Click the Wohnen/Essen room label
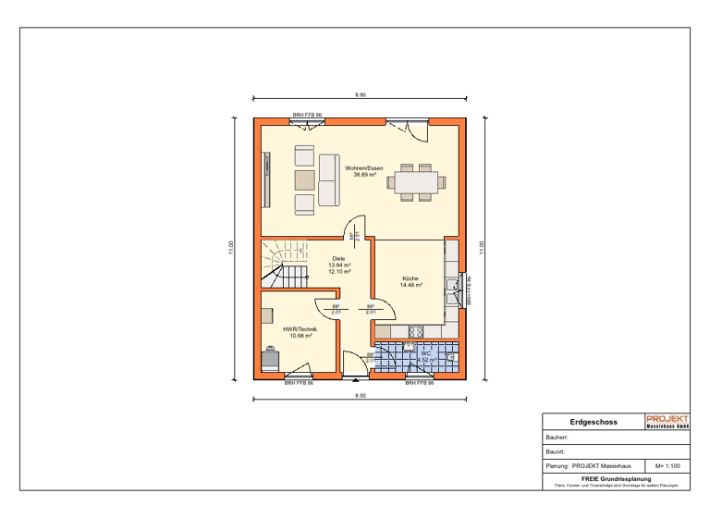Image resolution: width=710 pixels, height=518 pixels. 364,168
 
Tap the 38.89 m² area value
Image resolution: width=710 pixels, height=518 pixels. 364,175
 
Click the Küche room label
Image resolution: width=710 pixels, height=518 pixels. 410,278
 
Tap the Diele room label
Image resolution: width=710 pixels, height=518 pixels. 338,259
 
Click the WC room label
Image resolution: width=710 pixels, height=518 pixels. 426,352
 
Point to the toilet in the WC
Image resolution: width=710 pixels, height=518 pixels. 450,356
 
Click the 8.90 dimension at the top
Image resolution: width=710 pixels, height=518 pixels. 361,95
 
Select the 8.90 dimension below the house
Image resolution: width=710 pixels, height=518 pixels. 361,396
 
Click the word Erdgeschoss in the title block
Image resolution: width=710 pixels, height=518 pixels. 587,422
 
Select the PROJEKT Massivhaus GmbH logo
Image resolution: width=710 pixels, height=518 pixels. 667,422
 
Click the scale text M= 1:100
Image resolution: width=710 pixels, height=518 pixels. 667,466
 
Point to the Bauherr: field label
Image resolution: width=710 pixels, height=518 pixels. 557,437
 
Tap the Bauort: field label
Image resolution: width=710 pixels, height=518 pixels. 555,451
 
